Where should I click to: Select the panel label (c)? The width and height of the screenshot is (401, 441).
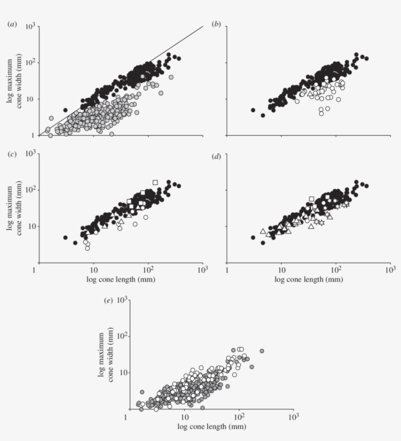coord(11,155)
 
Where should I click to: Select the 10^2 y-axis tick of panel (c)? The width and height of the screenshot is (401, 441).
coord(28,190)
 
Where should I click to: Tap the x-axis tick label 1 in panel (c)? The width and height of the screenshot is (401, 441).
coord(35,271)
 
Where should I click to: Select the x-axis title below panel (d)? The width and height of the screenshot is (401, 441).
coord(309,280)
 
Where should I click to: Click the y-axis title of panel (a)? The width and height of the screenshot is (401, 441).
coord(13,81)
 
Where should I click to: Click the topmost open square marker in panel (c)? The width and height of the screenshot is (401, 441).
coord(155,183)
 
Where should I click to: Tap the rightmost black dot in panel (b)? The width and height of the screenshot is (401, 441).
coord(367,59)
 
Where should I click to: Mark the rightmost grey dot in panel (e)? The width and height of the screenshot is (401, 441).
coord(262,351)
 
